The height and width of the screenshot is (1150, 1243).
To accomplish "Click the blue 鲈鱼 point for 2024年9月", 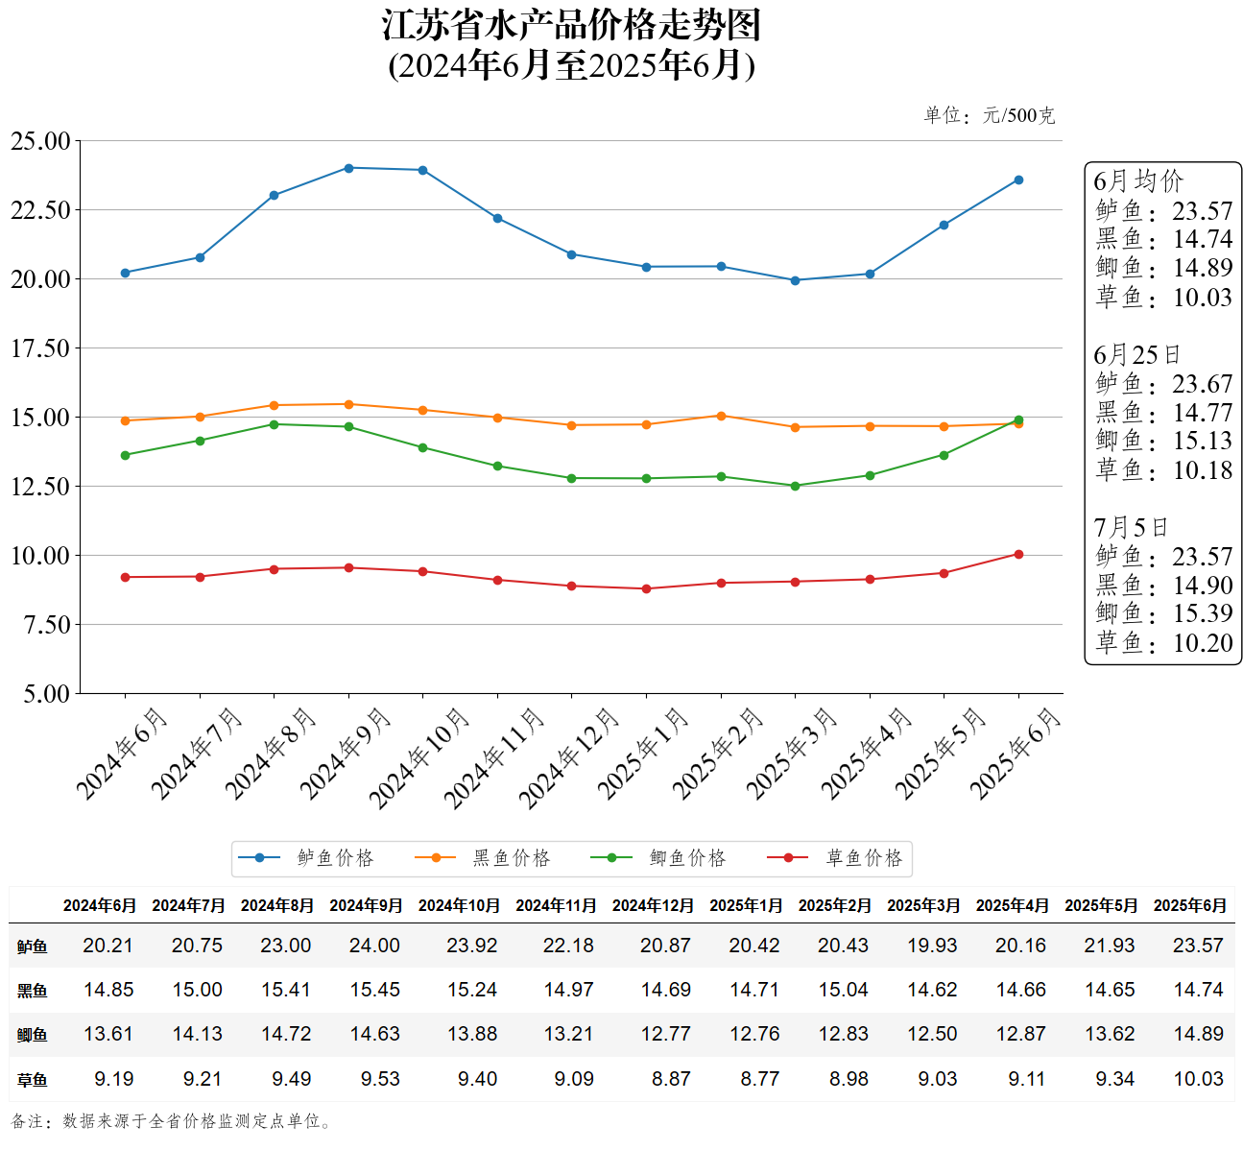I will click(348, 168).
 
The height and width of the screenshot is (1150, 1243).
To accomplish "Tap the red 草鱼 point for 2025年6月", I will click(1018, 554).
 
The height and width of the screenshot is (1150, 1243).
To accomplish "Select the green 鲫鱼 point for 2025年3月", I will click(795, 486).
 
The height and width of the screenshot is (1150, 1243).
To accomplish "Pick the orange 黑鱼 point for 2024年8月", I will click(274, 405).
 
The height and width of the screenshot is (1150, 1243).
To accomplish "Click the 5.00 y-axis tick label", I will click(46, 694).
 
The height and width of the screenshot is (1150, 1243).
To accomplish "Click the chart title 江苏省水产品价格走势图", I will click(571, 26).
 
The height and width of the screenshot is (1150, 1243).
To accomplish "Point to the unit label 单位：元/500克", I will click(989, 116).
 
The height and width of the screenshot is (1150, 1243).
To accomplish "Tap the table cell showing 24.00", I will click(374, 946).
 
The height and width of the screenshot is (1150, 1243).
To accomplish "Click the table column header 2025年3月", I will click(923, 905).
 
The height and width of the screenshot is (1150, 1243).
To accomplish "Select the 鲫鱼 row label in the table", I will click(32, 1035).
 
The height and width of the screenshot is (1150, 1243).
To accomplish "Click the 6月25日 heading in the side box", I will click(1136, 355).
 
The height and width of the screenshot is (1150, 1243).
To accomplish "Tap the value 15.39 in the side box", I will click(1202, 613).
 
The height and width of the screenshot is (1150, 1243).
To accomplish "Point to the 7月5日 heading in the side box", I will click(1131, 528).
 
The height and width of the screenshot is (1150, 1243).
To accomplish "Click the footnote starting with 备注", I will click(173, 1121).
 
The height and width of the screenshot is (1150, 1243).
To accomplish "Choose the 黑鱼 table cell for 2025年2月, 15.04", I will click(843, 990).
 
